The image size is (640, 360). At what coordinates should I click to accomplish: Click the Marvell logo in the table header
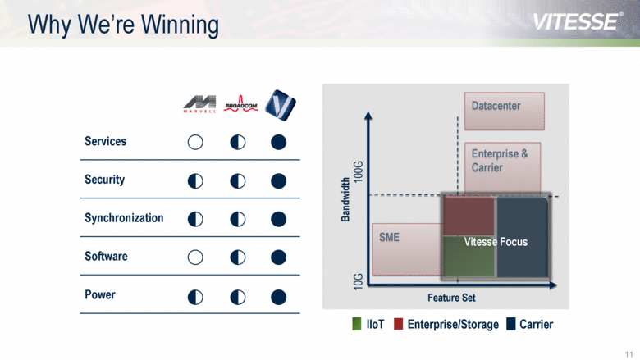pos(199,104)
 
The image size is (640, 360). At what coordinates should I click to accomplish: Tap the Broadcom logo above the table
pos(240,103)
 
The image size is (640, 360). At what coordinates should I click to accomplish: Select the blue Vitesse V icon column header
pos(281,103)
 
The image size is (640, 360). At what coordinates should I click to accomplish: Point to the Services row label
pos(105,142)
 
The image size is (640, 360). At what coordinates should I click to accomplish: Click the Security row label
pos(104,180)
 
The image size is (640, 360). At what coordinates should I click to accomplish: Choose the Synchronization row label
pos(124,218)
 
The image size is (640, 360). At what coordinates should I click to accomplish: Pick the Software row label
pos(106,257)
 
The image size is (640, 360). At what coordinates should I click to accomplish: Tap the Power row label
pos(100,294)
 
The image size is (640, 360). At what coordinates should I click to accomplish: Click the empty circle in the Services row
pos(195,142)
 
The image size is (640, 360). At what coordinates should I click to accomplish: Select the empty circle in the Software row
pos(195,257)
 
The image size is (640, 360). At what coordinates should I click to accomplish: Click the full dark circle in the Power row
pos(278,295)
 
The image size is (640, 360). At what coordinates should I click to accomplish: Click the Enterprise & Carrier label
pos(500,161)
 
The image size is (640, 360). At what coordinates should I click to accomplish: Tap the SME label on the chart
pos(389,237)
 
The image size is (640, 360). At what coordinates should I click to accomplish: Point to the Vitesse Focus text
pos(496,242)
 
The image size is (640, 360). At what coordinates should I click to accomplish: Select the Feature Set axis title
pos(451,298)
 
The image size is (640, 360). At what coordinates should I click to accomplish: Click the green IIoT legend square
pos(357,324)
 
